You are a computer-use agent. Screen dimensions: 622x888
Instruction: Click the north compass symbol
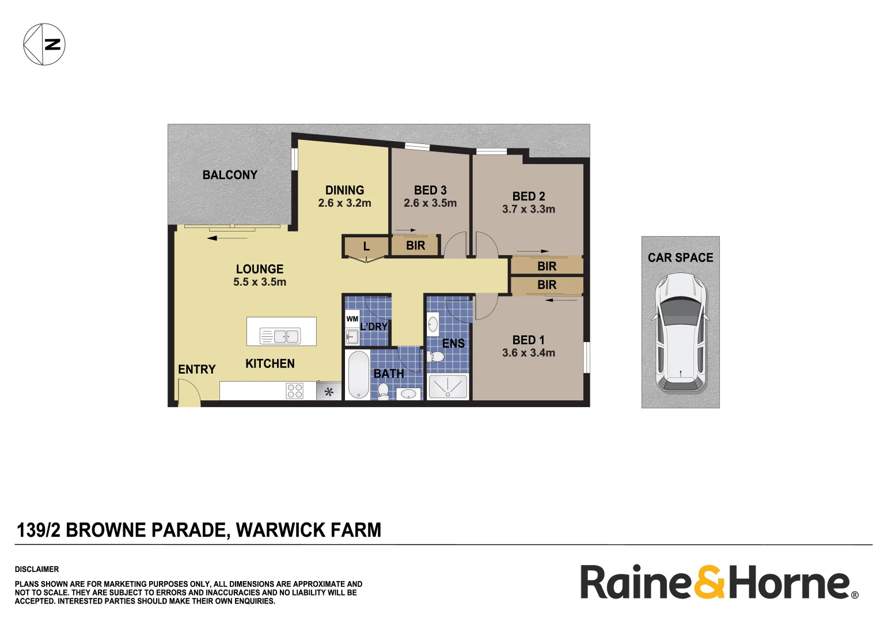coord(44,44)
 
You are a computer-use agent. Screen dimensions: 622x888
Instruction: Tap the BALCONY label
coord(230,175)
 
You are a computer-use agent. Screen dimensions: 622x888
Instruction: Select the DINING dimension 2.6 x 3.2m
coord(344,203)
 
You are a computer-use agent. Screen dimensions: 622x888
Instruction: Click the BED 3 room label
coord(430,190)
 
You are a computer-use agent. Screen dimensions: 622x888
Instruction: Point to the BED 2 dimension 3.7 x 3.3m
coord(529,210)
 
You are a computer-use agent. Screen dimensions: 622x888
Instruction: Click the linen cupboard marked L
coord(366,247)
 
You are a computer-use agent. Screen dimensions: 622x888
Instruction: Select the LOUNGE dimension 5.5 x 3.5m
coord(260,282)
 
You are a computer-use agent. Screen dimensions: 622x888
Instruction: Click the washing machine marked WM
coord(352,319)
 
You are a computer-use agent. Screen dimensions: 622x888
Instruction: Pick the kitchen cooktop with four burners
coord(295,391)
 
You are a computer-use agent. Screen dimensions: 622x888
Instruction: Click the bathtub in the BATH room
coord(359,374)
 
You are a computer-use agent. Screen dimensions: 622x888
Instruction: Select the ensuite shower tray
coord(448,386)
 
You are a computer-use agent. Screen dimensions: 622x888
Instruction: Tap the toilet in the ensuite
coord(436,357)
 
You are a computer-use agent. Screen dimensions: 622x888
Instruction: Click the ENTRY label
coord(197,370)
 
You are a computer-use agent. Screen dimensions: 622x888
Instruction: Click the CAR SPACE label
coord(681,258)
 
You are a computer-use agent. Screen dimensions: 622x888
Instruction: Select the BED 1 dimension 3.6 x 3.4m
coord(529,353)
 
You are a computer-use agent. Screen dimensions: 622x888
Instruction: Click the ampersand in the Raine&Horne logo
coord(709,582)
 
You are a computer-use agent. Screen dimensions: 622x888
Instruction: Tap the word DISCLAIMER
coord(37,569)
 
